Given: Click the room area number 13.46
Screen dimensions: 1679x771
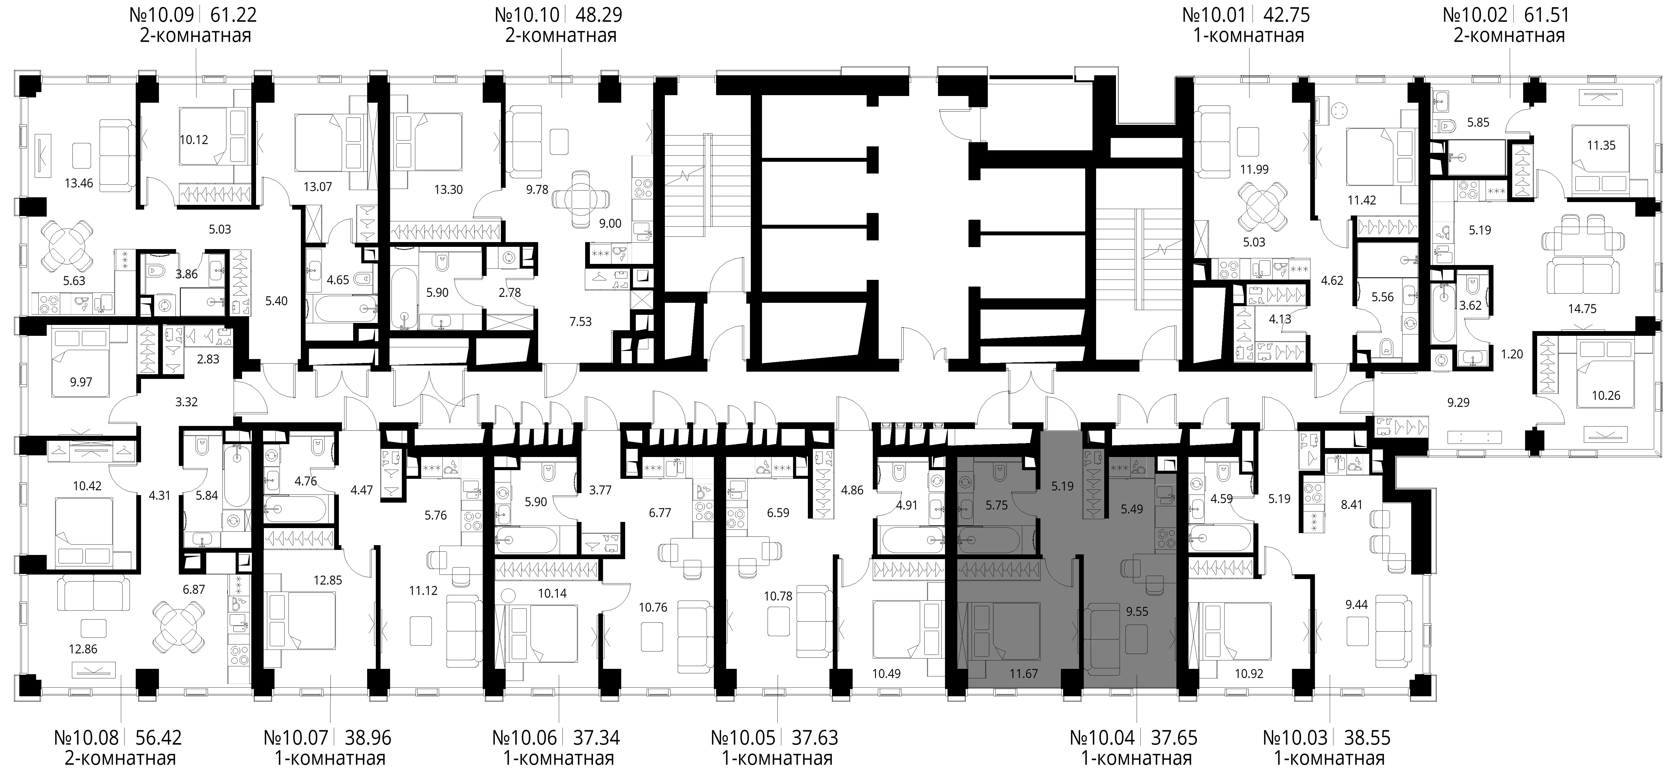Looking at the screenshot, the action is [79, 183].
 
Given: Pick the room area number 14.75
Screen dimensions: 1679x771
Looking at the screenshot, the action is [1582, 309].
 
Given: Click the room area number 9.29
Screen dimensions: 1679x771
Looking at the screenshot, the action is [1458, 403].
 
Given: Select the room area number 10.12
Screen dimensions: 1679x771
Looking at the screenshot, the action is [194, 139].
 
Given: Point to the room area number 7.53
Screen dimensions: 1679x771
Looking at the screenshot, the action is [580, 321].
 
